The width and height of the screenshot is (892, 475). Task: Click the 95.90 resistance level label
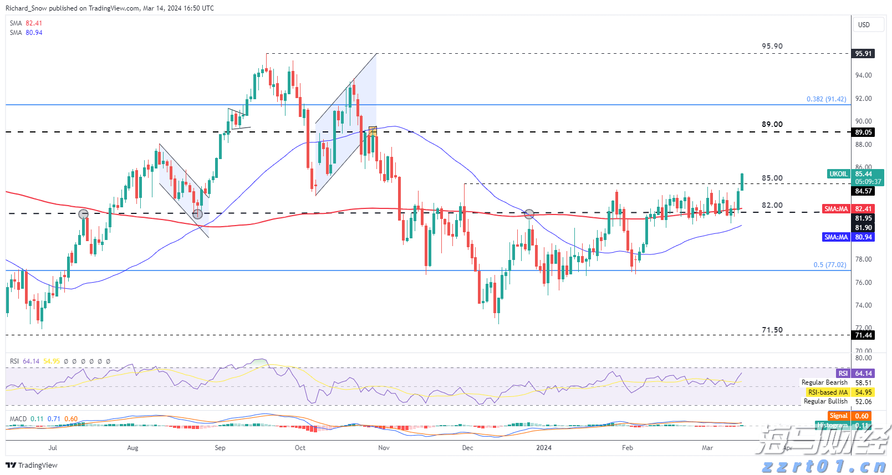(772, 46)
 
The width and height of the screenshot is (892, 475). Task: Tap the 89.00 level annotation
(772, 124)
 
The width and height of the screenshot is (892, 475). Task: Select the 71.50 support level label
(772, 330)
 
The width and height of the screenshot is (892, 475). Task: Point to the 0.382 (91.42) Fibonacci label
(826, 99)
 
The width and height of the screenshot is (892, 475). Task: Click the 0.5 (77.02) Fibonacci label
(829, 265)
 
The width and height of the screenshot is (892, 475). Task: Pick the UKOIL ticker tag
(838, 174)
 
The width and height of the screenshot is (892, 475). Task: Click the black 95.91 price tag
(863, 54)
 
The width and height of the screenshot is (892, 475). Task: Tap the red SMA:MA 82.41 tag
(848, 209)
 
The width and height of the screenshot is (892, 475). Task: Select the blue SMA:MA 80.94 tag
(848, 237)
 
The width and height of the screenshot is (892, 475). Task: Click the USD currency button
(864, 25)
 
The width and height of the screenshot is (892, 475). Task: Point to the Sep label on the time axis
(220, 448)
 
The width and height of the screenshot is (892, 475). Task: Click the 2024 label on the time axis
(544, 448)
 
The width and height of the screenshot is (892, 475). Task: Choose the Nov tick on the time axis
(384, 448)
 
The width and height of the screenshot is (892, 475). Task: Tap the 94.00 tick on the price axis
(863, 75)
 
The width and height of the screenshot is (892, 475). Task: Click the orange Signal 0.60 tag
(850, 416)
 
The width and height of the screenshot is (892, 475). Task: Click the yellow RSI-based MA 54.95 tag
(839, 392)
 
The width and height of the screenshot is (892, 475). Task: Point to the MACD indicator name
(18, 419)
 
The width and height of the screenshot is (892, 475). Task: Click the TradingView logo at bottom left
(32, 465)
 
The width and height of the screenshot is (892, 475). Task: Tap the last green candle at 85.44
(742, 182)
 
